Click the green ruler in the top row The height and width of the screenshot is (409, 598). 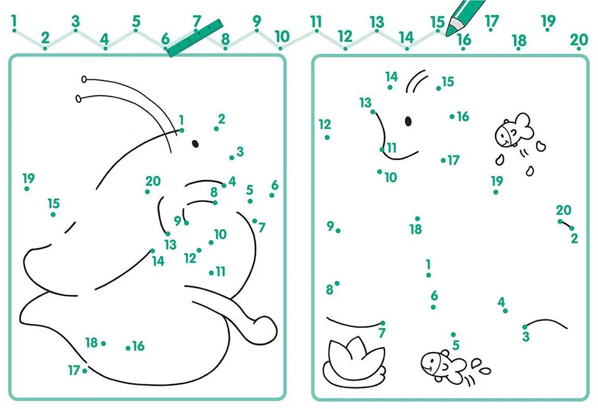[x=195, y=38]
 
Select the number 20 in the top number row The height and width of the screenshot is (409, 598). [x=579, y=39]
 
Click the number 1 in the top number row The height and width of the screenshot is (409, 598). [x=14, y=20]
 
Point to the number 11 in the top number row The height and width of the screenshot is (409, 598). [x=316, y=21]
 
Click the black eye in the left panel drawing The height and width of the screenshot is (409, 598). [x=195, y=144]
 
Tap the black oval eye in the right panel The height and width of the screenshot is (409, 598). [x=408, y=121]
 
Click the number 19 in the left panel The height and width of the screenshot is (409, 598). [x=29, y=178]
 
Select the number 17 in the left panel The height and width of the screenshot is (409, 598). [x=74, y=370]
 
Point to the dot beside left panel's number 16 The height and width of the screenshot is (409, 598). [x=128, y=348]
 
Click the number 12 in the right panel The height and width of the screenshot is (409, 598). [x=325, y=124]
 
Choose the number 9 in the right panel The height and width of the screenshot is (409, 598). [x=330, y=226]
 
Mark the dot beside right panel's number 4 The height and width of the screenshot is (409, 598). [x=506, y=310]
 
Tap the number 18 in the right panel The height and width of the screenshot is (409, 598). [x=416, y=229]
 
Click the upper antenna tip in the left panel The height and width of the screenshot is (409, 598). [x=84, y=79]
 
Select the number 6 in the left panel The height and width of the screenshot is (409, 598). [x=275, y=185]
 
